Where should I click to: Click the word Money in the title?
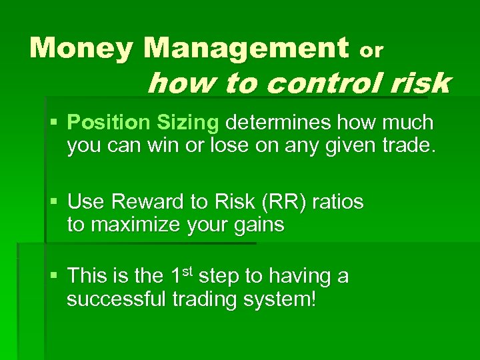click(81, 48)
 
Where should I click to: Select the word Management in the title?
click(245, 48)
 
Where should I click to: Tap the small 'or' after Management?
click(371, 50)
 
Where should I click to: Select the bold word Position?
click(109, 123)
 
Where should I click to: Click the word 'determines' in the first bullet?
click(279, 123)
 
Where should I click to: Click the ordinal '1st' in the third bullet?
click(180, 275)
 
